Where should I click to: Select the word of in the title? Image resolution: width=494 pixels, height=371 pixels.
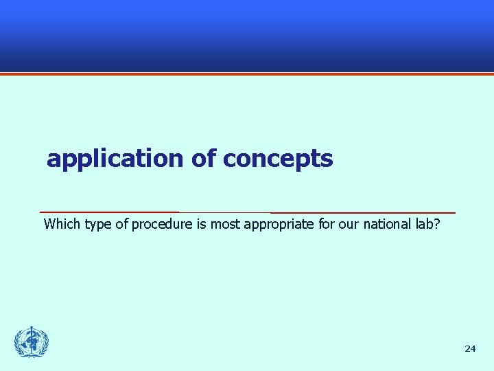(204, 159)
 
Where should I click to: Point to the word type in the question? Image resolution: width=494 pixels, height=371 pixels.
(99, 225)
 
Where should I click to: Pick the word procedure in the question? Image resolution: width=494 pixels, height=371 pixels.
(163, 225)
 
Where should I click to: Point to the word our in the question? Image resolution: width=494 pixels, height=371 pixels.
(349, 225)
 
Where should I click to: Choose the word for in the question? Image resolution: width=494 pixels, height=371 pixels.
(327, 224)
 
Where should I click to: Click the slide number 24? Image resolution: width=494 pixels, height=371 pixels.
(470, 349)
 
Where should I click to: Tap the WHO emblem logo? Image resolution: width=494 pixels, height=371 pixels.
(32, 342)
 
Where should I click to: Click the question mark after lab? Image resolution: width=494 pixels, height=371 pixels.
(437, 224)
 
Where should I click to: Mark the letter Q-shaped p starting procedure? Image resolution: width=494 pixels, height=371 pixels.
(135, 225)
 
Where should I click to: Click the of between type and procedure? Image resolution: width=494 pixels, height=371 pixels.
(121, 224)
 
